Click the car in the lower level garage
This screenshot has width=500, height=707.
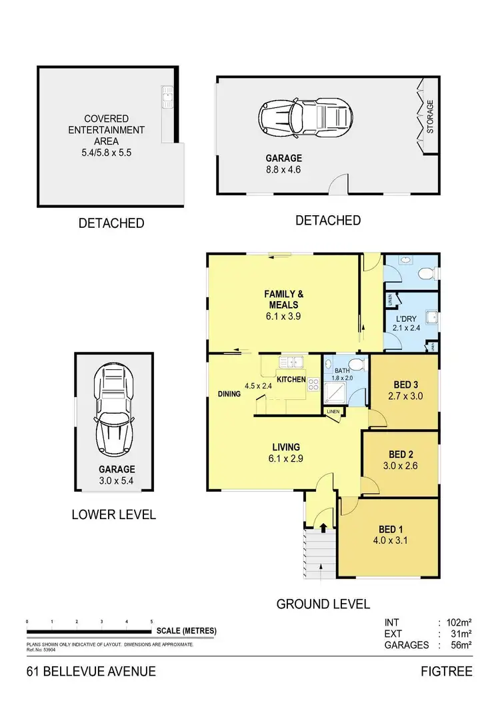(x=115, y=409)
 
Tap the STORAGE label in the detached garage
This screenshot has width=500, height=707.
(x=430, y=117)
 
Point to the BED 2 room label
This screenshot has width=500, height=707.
(x=402, y=455)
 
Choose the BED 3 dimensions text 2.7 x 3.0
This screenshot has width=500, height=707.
(x=405, y=396)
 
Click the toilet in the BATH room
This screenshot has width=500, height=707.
(x=357, y=364)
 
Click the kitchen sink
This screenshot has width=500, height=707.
(x=291, y=362)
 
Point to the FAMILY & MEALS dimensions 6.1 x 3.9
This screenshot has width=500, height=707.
(x=283, y=317)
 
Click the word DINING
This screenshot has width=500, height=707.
(x=229, y=394)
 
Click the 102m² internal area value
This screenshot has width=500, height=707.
(x=458, y=622)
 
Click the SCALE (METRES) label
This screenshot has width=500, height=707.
(x=186, y=631)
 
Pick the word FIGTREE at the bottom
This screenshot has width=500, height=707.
(x=447, y=671)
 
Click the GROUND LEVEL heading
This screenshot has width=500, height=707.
(x=323, y=604)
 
